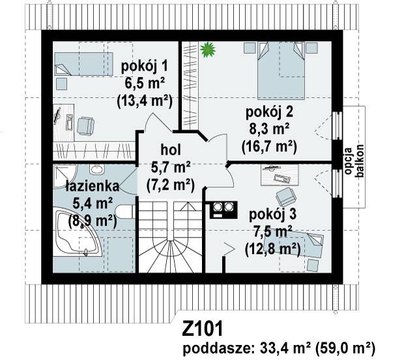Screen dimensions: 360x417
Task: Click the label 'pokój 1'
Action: (143, 65)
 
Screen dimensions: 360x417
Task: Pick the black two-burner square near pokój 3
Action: (222, 209)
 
